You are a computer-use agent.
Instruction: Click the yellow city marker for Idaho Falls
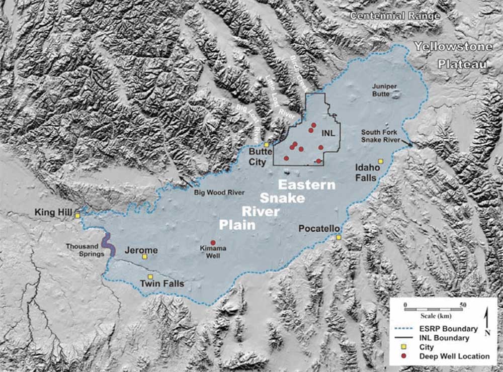point(381,161)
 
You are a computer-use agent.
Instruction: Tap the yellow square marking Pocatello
point(339,237)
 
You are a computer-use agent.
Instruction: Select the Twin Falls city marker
point(150,277)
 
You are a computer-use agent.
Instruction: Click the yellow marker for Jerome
point(144,257)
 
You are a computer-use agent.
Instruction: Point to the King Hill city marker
point(77,216)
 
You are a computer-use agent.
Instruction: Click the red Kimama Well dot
point(213,243)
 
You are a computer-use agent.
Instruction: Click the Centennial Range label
point(395,16)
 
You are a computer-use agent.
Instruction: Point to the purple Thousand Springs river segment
point(108,245)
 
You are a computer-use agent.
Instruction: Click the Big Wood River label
point(219,192)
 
